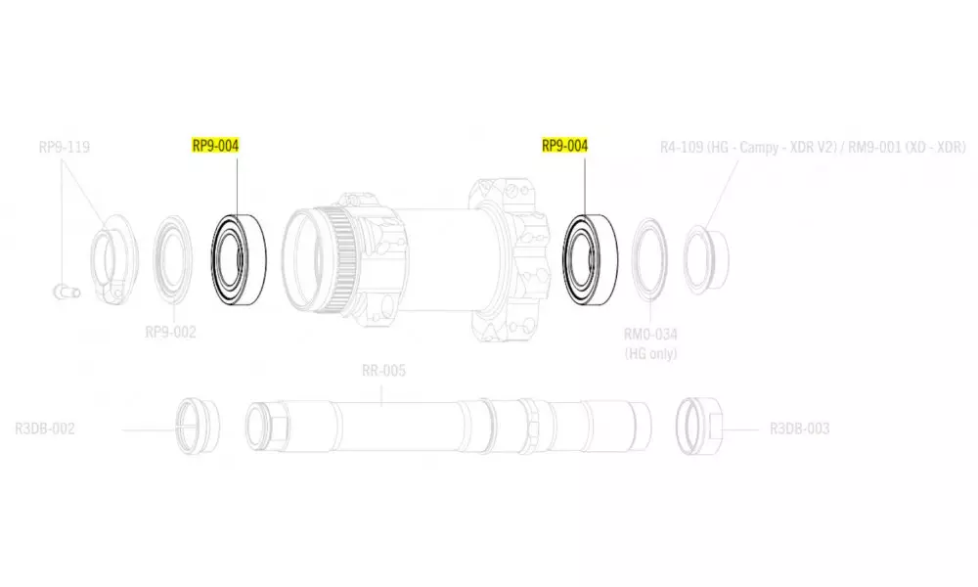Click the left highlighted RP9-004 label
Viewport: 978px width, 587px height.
(215, 146)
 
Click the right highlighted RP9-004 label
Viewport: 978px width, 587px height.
(564, 146)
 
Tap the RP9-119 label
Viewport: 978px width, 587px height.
(65, 147)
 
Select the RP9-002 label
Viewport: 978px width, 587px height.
(170, 332)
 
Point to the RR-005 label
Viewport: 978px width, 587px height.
(383, 371)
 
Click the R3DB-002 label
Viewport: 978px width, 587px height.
(45, 429)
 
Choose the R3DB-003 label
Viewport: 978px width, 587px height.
(800, 429)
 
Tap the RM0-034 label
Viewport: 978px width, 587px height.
(650, 335)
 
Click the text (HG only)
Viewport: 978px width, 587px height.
(650, 354)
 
